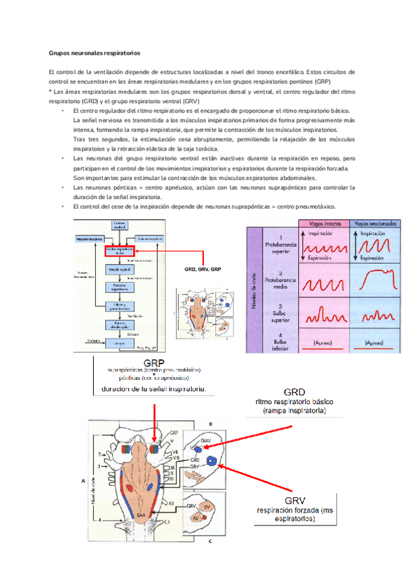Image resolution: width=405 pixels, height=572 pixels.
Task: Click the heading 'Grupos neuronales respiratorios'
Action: click(x=94, y=52)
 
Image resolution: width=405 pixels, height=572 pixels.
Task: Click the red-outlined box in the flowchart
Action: click(x=119, y=250)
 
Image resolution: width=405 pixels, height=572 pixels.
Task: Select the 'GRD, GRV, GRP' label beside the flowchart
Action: click(x=203, y=270)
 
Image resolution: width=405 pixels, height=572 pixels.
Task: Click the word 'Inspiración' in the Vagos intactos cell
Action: click(x=321, y=233)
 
